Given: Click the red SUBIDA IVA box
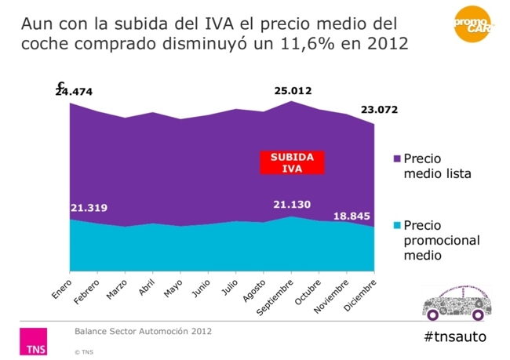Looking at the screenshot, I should coord(292,162).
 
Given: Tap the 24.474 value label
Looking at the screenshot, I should coord(74,91).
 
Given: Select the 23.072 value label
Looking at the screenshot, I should coord(379,109).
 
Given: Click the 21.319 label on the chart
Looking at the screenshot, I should coord(89,208).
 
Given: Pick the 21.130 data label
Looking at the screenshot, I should coord(293,204).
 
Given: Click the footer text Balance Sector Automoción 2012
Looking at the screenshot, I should coord(143,331).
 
